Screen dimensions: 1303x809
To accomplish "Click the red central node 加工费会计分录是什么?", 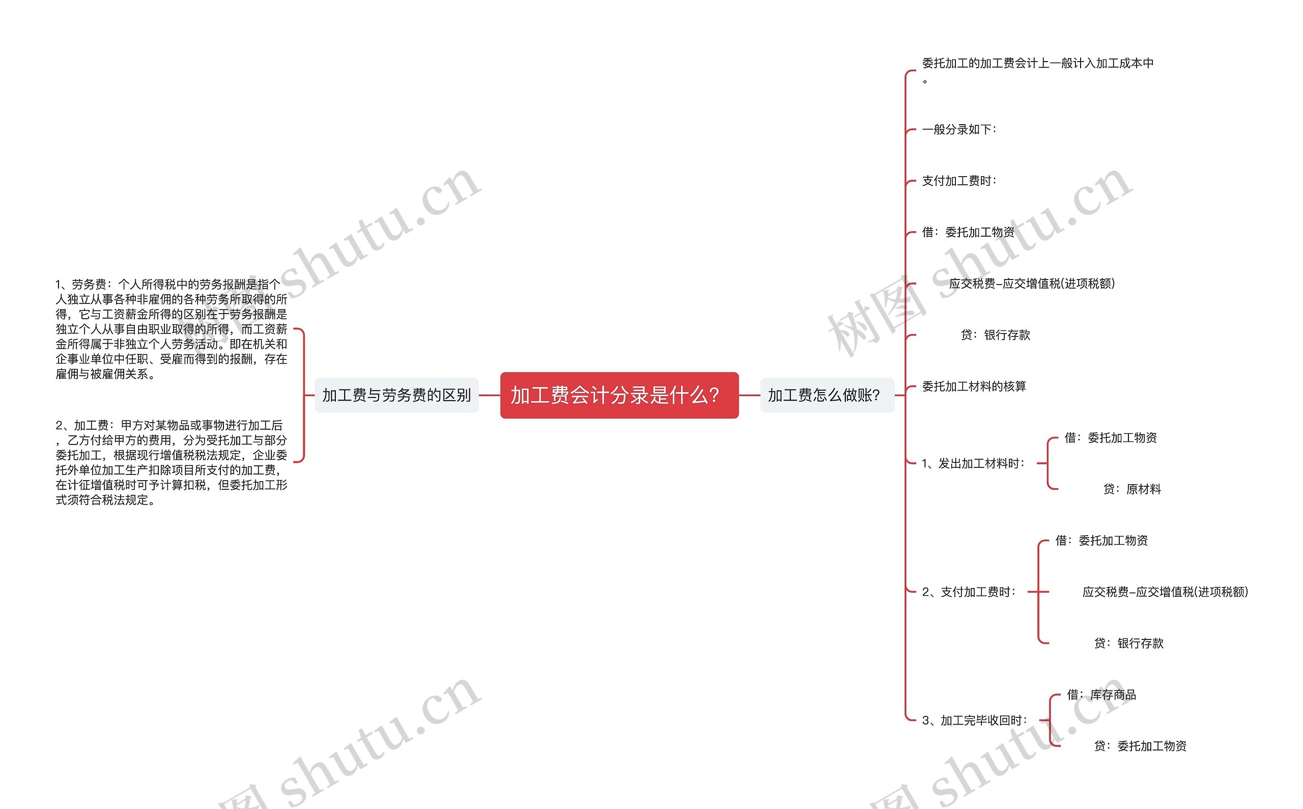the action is tap(619, 396).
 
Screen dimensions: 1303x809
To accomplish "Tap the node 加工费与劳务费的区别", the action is tap(396, 396).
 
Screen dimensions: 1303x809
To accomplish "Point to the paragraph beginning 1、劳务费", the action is tap(171, 329).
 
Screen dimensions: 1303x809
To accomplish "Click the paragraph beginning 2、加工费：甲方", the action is tap(171, 462).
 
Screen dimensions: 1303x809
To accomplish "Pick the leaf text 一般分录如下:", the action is tap(959, 129).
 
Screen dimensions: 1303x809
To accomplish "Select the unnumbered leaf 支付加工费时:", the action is tap(959, 181).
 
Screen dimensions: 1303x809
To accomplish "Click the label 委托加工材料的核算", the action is tap(974, 386).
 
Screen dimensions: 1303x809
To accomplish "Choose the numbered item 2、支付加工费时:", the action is tap(969, 592).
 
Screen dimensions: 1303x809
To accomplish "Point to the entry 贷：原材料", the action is tap(1132, 489).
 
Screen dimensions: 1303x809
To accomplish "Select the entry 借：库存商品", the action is tap(1101, 694).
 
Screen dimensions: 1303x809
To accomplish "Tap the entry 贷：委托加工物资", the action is tap(1140, 746).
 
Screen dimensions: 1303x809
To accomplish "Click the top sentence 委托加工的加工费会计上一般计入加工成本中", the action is tap(1037, 64).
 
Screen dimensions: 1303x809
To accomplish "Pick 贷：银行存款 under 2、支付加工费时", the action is tap(1128, 643).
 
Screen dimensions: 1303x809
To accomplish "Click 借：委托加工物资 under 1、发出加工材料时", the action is tap(1111, 438).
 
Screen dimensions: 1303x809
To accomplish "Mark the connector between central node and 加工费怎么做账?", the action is tap(749, 396).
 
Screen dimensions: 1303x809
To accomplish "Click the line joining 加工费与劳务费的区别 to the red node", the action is tap(490, 396).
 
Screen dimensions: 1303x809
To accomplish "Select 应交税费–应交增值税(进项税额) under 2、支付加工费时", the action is tap(1165, 592).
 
